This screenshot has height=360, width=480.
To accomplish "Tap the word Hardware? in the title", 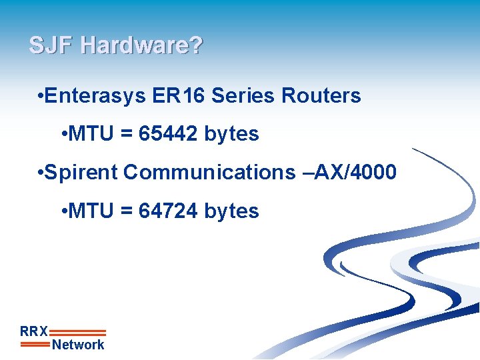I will pos(141,46).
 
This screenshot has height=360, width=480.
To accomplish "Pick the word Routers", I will pos(321,96).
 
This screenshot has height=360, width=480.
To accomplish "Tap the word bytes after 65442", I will pos(231,135).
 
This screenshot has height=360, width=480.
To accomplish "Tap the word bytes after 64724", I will pos(231,212).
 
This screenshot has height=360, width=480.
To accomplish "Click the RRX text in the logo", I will pos(34,331).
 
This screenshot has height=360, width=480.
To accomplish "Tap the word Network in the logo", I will pos(78,345).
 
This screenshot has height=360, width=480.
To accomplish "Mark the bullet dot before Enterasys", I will pos(41,97).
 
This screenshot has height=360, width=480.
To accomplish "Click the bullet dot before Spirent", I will pos(41,173).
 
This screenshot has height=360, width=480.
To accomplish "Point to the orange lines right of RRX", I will pos(78,332).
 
